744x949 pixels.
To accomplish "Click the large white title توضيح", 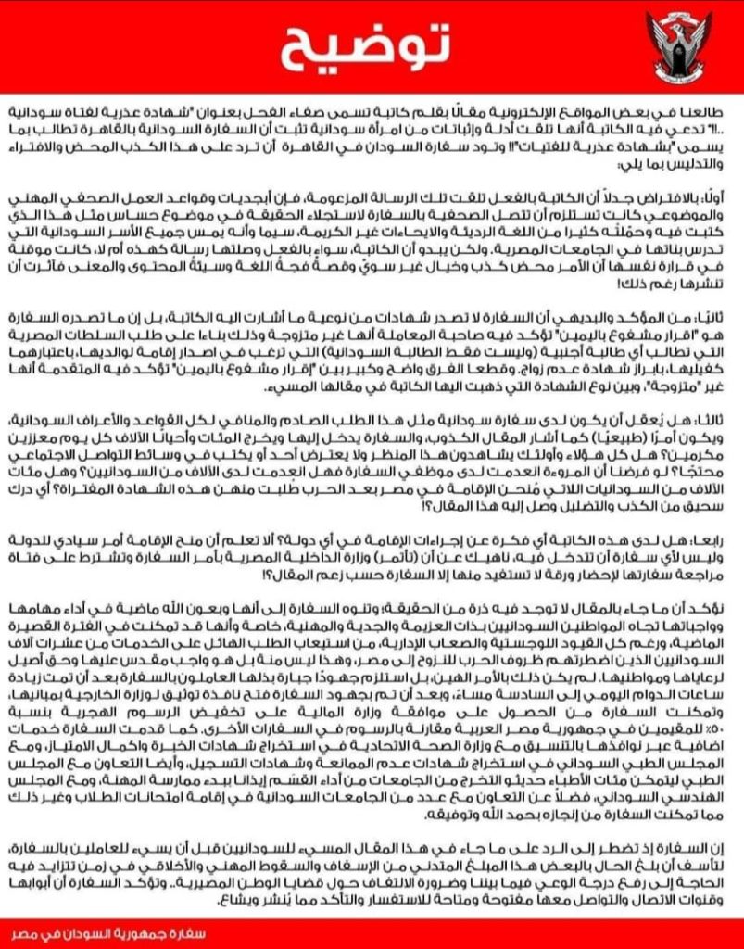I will (371, 42).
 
